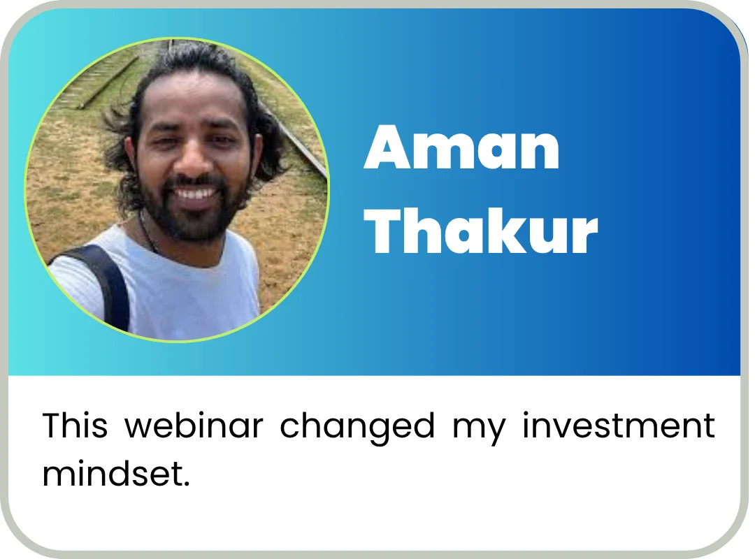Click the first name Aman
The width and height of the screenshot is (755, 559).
pos(462,147)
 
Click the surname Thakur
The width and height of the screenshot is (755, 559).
pos(481,231)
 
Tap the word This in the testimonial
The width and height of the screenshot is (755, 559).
pos(75,425)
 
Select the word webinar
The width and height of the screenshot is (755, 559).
pos(194,425)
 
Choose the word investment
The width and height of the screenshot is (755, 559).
pos(619,425)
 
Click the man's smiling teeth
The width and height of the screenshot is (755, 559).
pos(196,194)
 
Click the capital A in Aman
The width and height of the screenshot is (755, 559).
pos(386,148)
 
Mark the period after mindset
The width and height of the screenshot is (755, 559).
pos(187,484)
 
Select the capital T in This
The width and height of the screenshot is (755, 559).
pos(52,426)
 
